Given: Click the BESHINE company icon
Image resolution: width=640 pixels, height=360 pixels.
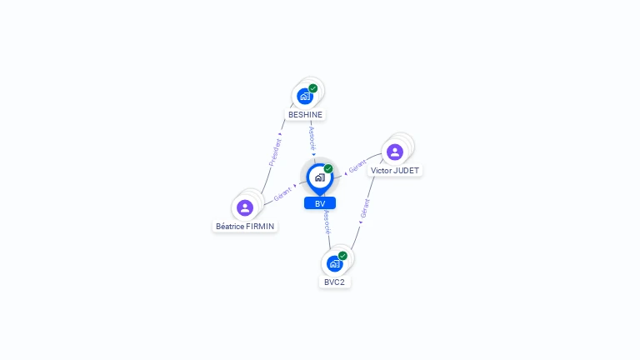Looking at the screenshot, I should click(305, 96).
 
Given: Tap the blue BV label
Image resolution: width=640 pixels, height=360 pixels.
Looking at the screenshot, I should click(320, 203).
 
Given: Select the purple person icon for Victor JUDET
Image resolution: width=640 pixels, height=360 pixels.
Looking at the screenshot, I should click(395, 152).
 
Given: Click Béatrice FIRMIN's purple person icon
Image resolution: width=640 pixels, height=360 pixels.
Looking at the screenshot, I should click(245, 207).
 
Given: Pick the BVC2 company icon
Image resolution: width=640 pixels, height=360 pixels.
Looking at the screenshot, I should click(334, 263).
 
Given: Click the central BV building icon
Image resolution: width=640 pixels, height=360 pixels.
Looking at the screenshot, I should click(319, 177).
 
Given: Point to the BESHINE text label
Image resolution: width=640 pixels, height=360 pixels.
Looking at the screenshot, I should click(305, 114).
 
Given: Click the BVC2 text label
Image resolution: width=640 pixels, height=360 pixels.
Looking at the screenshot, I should click(334, 282).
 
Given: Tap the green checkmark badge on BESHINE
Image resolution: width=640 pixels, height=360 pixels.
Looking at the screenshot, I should click(313, 87).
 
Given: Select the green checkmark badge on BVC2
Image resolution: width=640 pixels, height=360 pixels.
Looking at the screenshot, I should click(342, 256).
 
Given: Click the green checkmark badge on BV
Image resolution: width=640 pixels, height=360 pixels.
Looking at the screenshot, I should click(328, 168).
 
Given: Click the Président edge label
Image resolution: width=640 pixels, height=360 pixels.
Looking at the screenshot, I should click(275, 152).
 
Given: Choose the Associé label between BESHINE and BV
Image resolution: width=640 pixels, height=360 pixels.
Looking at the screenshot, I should click(312, 137).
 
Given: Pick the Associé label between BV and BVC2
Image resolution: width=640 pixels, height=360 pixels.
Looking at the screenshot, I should click(327, 221).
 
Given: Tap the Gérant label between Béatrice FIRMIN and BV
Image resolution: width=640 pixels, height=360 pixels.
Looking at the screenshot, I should click(282, 195).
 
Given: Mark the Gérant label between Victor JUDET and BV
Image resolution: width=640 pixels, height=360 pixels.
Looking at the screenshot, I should click(357, 167).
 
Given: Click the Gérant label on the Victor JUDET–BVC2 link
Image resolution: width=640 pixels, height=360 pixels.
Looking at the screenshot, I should click(364, 208).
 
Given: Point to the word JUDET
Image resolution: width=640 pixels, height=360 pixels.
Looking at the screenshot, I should click(407, 170).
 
